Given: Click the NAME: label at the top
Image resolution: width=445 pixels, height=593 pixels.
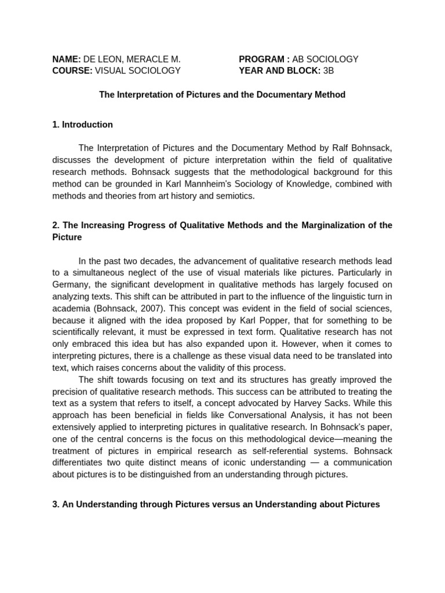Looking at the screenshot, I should pos(66,59).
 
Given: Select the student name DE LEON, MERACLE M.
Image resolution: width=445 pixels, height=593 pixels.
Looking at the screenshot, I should pos(132,59).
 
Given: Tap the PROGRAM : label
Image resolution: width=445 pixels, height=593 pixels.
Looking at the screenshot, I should pos(264,59).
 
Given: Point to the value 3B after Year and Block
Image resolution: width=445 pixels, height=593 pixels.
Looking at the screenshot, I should pos(329,71).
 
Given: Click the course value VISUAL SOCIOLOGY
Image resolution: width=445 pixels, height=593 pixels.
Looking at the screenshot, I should pos(138,71).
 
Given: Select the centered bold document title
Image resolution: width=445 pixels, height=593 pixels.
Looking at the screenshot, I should pos(222,94).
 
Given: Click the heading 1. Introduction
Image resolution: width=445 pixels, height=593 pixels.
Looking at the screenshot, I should pos(82,125).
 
